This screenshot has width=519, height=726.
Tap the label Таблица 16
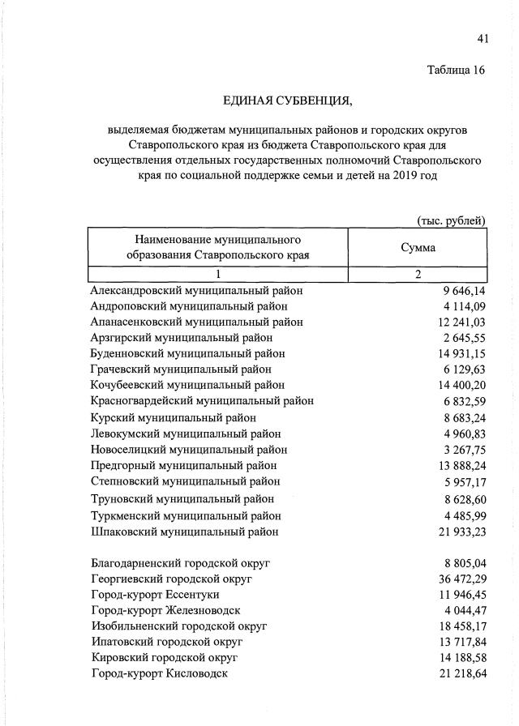pyautogui.click(x=456, y=70)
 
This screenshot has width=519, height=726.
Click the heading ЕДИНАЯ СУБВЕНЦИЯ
pyautogui.click(x=289, y=100)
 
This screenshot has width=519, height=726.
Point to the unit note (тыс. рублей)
pyautogui.click(x=451, y=220)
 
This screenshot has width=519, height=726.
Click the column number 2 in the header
pyautogui.click(x=418, y=274)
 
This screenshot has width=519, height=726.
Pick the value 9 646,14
pyautogui.click(x=464, y=290)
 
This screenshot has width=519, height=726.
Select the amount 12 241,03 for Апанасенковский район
pyautogui.click(x=460, y=322)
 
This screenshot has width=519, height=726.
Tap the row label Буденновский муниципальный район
pyautogui.click(x=188, y=353)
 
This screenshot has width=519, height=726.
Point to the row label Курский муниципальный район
pyautogui.click(x=174, y=417)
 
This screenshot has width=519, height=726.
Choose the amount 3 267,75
pyautogui.click(x=464, y=449)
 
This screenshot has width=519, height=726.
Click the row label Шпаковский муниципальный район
pyautogui.click(x=185, y=532)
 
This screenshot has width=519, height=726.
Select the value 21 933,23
pyautogui.click(x=460, y=532)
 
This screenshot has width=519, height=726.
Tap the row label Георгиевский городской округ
pyautogui.click(x=172, y=579)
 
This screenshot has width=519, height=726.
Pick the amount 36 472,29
pyautogui.click(x=460, y=579)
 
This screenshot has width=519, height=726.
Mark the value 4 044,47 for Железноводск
pyautogui.click(x=464, y=610)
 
